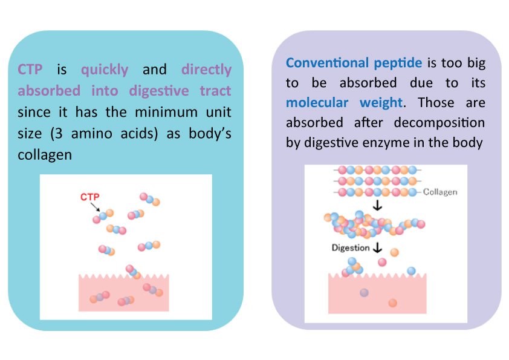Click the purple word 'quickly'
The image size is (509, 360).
coord(105,70)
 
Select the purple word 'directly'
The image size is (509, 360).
coord(206,70)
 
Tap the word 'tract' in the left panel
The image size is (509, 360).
coord(213,91)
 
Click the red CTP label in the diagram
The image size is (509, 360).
coord(89,197)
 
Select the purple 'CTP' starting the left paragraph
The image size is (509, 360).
coord(30,70)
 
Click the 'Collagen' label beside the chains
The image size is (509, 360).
coord(439,192)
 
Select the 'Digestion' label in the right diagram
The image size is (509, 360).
coord(350,247)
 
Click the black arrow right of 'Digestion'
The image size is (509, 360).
coord(378,247)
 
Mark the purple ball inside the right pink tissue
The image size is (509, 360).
coord(364,292)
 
